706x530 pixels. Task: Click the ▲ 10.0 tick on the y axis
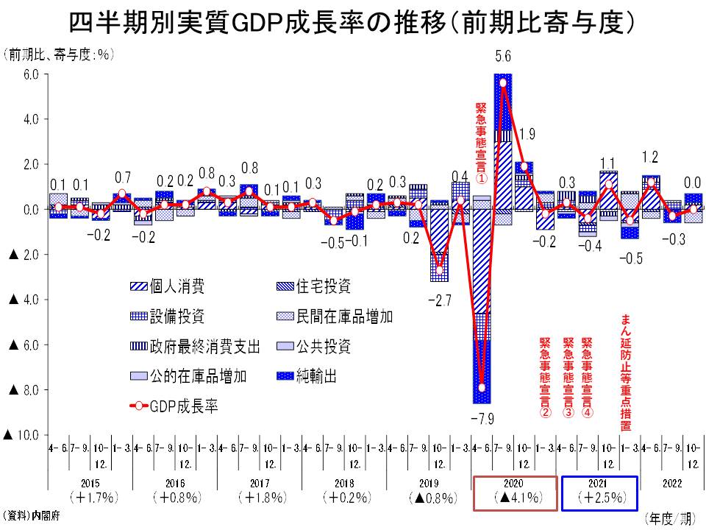(x=26, y=435)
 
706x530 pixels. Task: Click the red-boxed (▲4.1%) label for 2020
(x=513, y=497)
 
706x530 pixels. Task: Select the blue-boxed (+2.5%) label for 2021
(x=599, y=497)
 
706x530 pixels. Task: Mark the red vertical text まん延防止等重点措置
(x=625, y=372)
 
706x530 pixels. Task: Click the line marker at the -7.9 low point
(x=482, y=387)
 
